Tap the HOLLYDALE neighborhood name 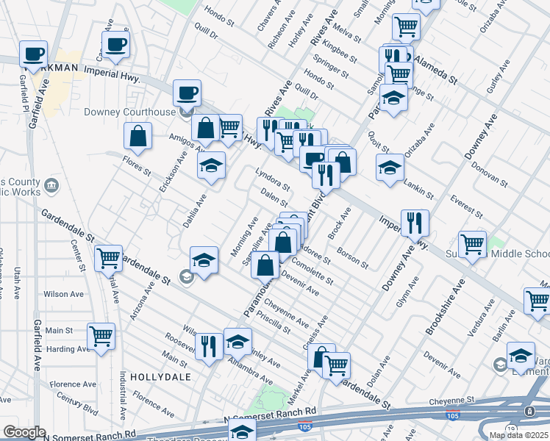tap(160, 376)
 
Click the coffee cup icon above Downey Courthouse tap(186, 93)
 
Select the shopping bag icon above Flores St tap(137, 135)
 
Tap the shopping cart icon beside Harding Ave tap(101, 336)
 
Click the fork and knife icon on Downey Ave tap(415, 222)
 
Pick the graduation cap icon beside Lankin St tap(389, 167)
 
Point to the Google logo tap(24, 432)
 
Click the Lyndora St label tap(270, 182)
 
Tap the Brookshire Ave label tap(445, 307)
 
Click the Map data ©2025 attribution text tap(518, 435)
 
